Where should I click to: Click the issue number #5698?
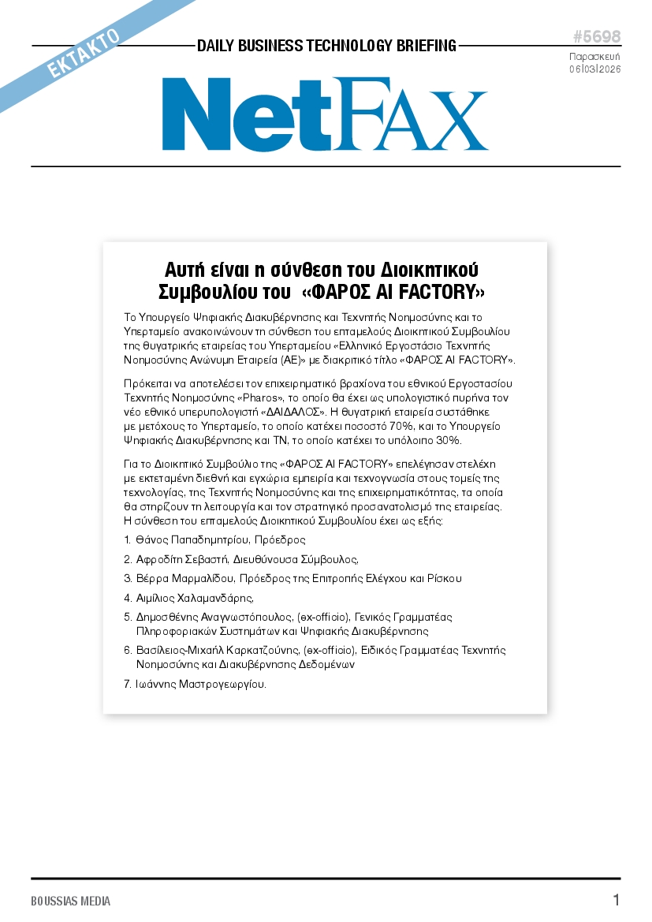click(596, 38)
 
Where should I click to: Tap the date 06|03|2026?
click(595, 69)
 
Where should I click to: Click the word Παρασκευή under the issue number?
click(595, 57)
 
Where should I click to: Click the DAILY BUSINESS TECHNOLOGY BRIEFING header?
click(326, 46)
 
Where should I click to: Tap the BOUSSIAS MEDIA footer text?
click(71, 901)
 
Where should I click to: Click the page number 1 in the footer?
click(617, 901)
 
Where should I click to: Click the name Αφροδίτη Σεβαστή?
click(181, 559)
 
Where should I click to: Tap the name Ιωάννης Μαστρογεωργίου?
click(201, 684)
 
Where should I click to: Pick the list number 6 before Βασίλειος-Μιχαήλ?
click(128, 651)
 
